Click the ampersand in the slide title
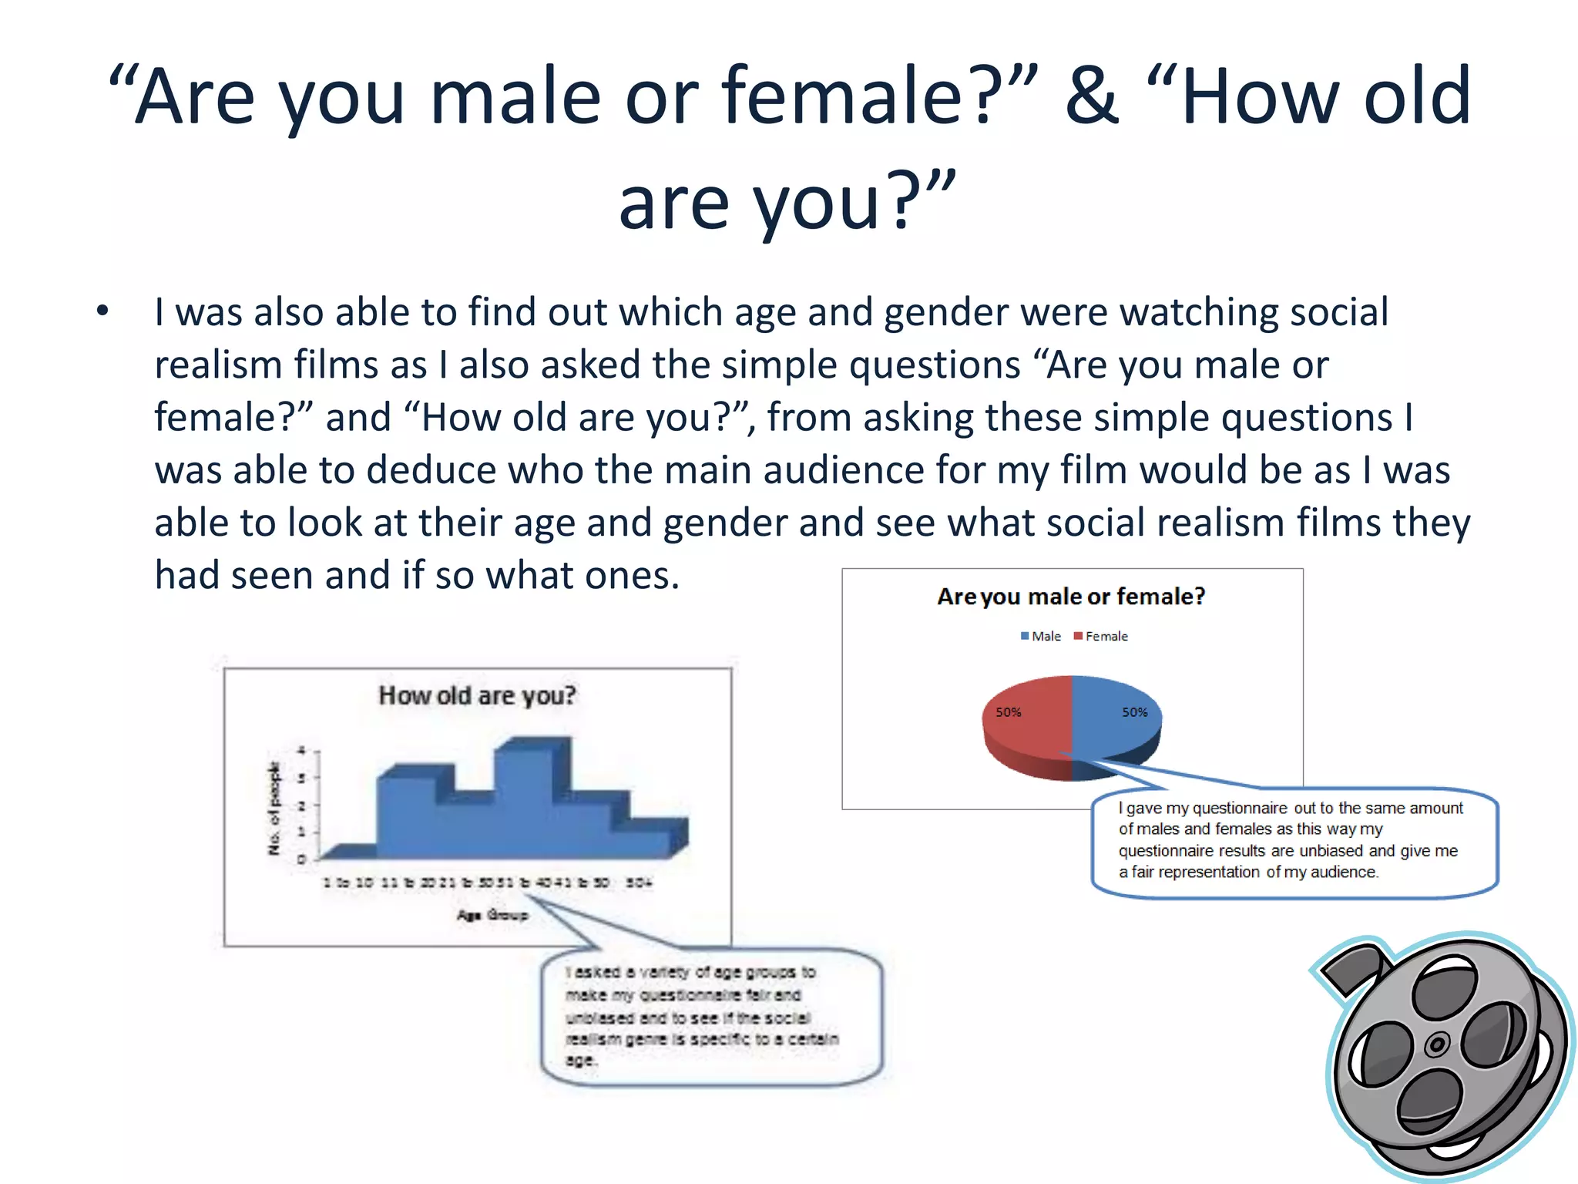point(1091,96)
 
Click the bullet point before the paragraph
point(103,311)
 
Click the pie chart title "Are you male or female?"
point(1071,597)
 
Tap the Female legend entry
point(1101,636)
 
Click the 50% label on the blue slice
point(1134,712)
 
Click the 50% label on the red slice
point(1008,712)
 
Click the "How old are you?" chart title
point(477,695)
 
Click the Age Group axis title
point(492,915)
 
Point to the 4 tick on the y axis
point(302,750)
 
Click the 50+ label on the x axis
point(639,883)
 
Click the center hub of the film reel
point(1437,1045)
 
